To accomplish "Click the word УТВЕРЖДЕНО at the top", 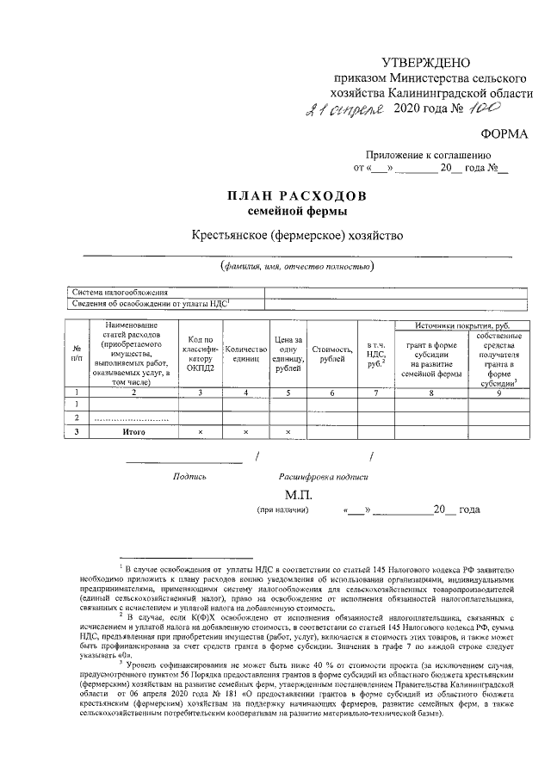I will point(427,62).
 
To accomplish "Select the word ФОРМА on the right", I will point(507,133).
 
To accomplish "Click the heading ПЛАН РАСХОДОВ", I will point(297,195).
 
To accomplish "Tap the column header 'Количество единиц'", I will point(246,354).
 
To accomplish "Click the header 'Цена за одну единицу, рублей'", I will point(288,354).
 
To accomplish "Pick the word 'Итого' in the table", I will point(133,431).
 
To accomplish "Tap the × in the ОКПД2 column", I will point(200,431).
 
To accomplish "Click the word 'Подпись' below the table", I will point(189,476).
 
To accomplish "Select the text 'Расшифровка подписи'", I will point(323,476).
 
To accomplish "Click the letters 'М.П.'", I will point(297,496).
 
